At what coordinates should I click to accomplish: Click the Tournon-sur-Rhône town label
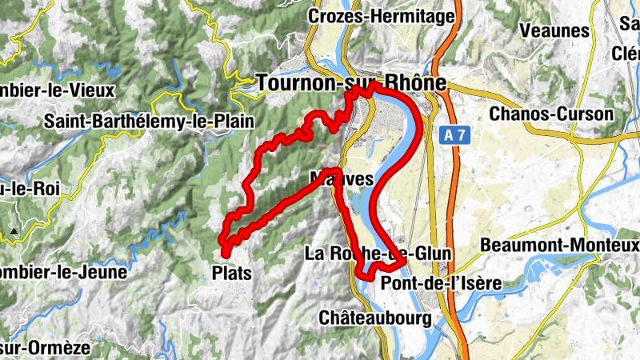click(x=351, y=82)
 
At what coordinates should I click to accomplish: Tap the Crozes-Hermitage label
click(x=381, y=15)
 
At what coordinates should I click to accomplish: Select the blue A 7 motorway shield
click(x=454, y=136)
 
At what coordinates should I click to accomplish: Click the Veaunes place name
click(x=554, y=31)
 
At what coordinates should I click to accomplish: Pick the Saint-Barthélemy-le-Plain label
click(x=149, y=122)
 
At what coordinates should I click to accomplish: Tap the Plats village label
click(x=231, y=273)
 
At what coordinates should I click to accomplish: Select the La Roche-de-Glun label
click(x=378, y=254)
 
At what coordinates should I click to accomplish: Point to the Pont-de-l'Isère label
click(x=441, y=283)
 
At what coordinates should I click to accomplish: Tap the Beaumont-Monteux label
click(x=559, y=243)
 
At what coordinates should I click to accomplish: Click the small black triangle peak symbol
click(x=14, y=232)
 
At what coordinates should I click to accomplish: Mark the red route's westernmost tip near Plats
click(x=223, y=235)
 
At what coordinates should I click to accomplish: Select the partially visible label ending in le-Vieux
click(x=58, y=90)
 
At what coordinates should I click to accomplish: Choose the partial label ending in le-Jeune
click(x=63, y=272)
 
